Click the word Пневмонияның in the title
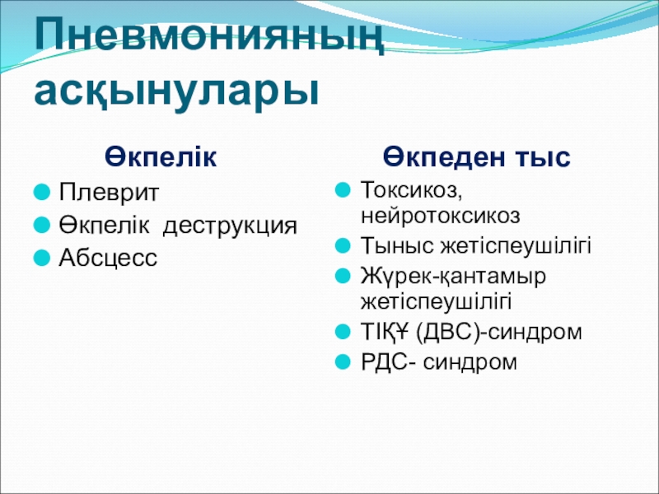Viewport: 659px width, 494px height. coord(209,36)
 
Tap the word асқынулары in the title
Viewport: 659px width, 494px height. coord(176,91)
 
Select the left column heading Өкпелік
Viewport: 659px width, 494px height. coord(161,156)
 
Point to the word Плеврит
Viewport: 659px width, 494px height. coord(109,193)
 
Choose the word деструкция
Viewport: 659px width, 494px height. coord(230,226)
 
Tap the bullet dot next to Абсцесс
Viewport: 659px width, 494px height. coord(42,258)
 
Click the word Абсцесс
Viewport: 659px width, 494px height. coord(108,258)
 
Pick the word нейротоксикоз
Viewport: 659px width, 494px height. coord(440,216)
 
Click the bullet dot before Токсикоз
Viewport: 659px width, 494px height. coord(343,189)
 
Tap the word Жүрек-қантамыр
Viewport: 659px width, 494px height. coord(453,277)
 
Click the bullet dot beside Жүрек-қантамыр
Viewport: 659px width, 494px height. coord(343,276)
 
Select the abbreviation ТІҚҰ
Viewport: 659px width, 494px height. coord(385,332)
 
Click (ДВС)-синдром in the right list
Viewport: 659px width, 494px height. coord(498,333)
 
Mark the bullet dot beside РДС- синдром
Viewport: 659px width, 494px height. coord(343,361)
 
